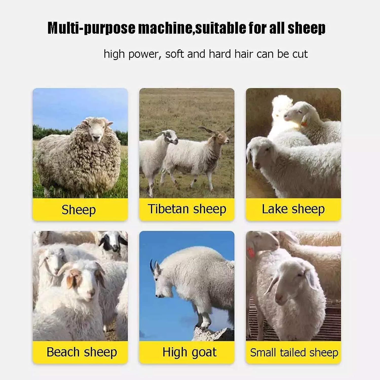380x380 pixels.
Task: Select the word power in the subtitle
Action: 143,54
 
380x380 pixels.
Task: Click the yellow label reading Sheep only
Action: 79,210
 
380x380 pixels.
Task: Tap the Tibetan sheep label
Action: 187,209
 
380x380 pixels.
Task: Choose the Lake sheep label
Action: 293,209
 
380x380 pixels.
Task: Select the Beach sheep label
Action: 82,352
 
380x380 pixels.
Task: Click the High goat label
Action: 189,352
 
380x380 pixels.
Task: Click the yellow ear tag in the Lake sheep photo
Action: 304,123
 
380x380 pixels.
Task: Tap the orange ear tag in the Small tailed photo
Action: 251,252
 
